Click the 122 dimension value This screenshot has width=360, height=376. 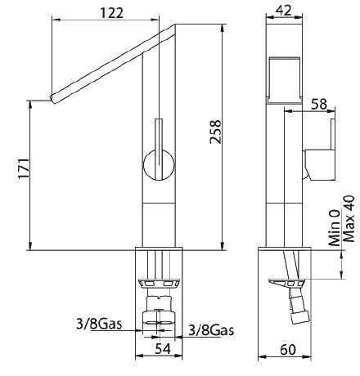pos(112,13)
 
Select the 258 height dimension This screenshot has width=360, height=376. pos(215,132)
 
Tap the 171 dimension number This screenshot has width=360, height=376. pos(24,168)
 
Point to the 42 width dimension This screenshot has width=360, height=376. pos(283,11)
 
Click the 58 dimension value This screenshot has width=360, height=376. pos(319,104)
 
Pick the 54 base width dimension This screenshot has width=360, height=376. pos(163,348)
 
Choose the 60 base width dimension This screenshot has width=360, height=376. pos(288,350)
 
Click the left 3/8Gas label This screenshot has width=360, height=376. pos(99,324)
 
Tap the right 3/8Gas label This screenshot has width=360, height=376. pos(211,330)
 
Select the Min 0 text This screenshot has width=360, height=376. pos(335,228)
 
